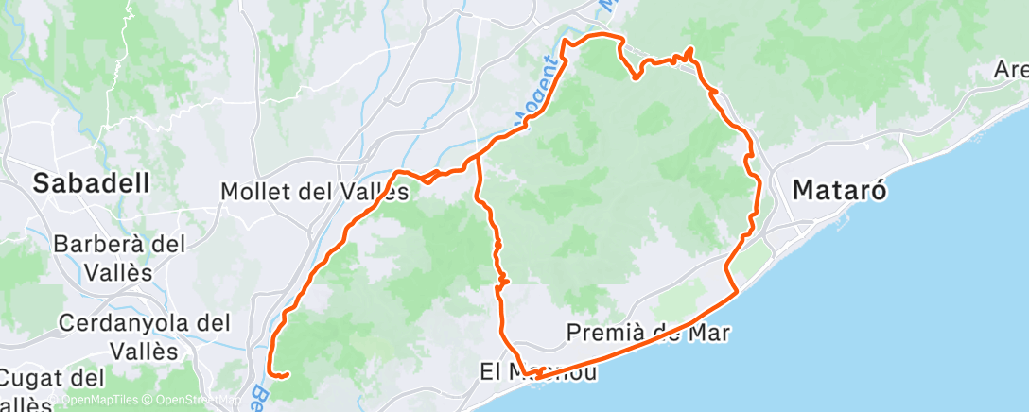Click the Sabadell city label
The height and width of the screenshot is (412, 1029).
[x=92, y=183]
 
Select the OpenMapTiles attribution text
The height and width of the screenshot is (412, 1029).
[x=105, y=400]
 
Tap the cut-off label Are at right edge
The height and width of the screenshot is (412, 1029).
[x=1011, y=70]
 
